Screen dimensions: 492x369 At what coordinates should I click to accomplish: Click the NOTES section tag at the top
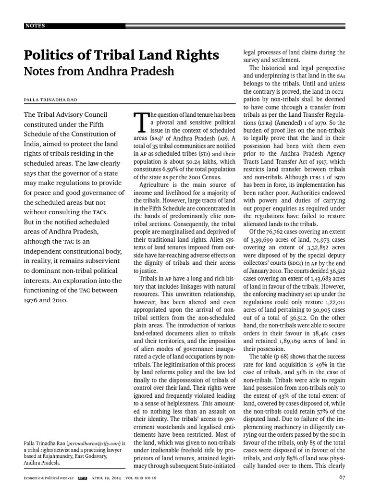36,25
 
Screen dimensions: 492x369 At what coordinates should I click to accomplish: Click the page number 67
342,477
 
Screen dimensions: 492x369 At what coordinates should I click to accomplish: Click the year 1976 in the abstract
32,301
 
